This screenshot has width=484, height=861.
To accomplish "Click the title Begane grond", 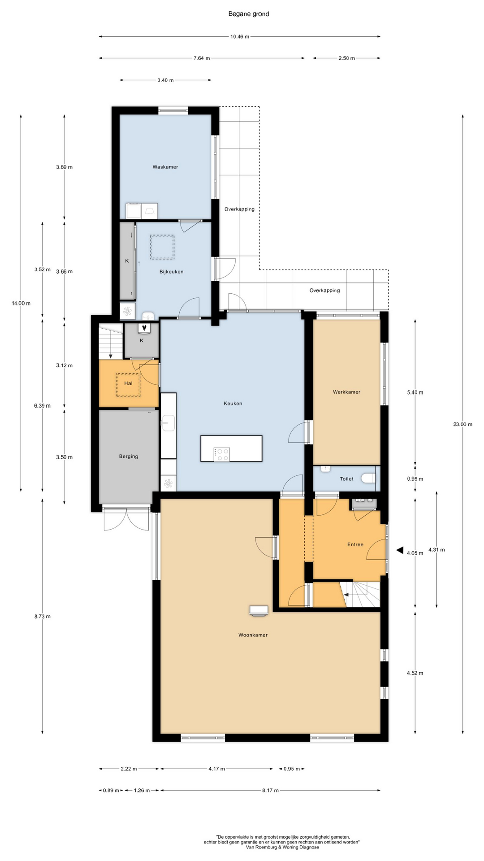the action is (249, 14).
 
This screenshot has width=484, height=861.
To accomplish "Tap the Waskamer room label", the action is (165, 167).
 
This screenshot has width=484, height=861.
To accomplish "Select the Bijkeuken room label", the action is (172, 271).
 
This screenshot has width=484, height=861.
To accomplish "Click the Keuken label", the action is (233, 403).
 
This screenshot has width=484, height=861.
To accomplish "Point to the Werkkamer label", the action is (346, 392).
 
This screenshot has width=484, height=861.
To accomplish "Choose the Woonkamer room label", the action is (253, 635).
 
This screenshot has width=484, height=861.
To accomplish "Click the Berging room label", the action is (129, 457).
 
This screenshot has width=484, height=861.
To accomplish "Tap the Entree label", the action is (355, 544).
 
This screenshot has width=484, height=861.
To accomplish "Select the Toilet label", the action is (347, 478).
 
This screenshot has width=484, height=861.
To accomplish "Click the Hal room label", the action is (129, 383).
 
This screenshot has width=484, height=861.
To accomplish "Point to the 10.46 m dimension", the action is (240, 37).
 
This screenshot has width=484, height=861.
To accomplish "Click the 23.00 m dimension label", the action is (463, 424).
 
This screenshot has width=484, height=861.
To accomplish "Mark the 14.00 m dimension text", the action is (21, 303).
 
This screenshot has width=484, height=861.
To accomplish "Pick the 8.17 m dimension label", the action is (270, 790).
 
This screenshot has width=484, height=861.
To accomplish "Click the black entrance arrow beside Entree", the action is (400, 550).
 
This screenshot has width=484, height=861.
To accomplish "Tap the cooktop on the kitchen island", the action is (222, 454).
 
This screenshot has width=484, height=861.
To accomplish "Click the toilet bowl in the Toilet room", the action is (369, 478).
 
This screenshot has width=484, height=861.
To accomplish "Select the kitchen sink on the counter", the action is (168, 423).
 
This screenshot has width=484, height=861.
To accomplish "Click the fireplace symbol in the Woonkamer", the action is (259, 610).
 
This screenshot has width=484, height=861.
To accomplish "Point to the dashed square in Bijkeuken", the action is (162, 247).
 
